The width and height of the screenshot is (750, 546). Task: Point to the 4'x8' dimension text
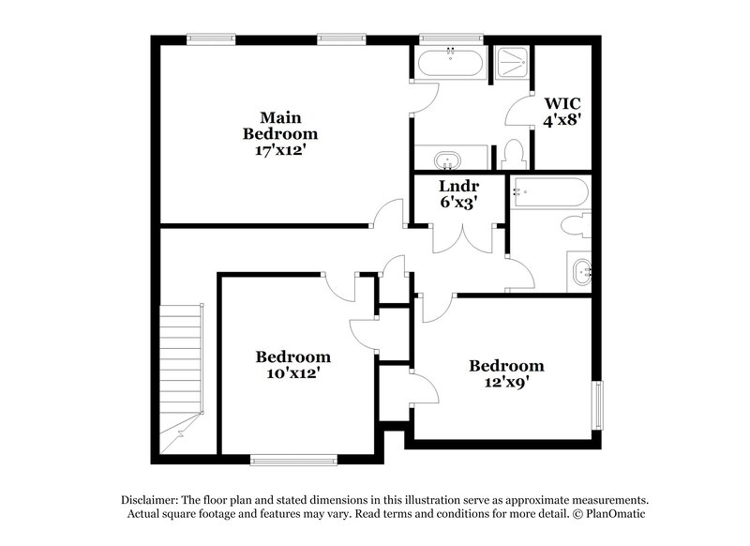pyautogui.click(x=562, y=120)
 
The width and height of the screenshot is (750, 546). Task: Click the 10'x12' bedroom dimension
pyautogui.click(x=293, y=372)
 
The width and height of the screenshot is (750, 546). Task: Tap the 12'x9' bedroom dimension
pyautogui.click(x=506, y=382)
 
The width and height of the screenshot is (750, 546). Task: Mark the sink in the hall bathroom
pyautogui.click(x=581, y=272)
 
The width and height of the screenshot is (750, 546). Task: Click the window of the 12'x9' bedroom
pyautogui.click(x=596, y=404)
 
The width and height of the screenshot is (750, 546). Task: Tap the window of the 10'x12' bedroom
pyautogui.click(x=293, y=460)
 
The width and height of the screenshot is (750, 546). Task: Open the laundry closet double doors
pyautogui.click(x=459, y=239)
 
